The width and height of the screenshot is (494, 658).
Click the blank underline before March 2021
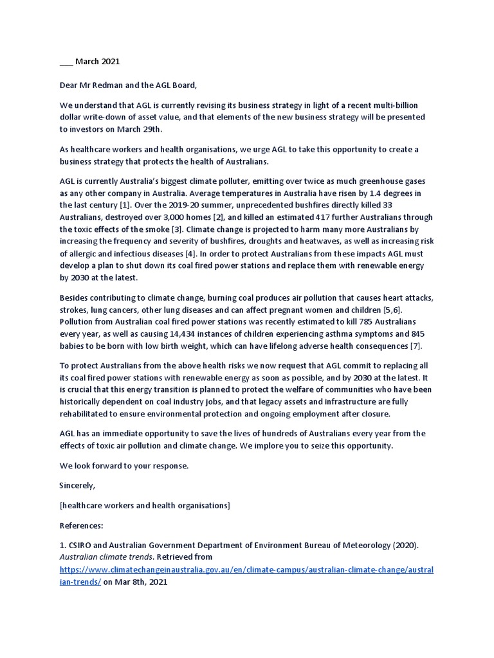pos(66,62)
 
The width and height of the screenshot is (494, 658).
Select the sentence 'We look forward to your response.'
pos(124,466)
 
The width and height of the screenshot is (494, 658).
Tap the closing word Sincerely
pos(77,486)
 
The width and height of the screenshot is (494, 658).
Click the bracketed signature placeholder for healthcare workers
pos(145,506)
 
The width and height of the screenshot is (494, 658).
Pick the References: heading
pos(81,526)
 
